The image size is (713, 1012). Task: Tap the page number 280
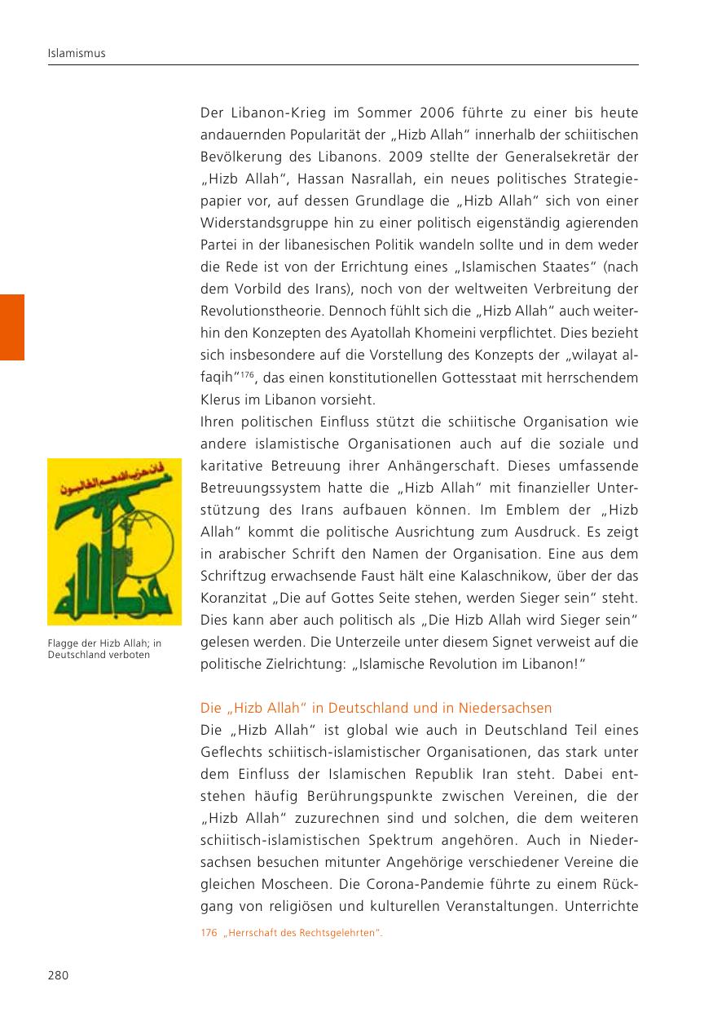[57, 975]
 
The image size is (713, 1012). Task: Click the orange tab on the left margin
[12, 327]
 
